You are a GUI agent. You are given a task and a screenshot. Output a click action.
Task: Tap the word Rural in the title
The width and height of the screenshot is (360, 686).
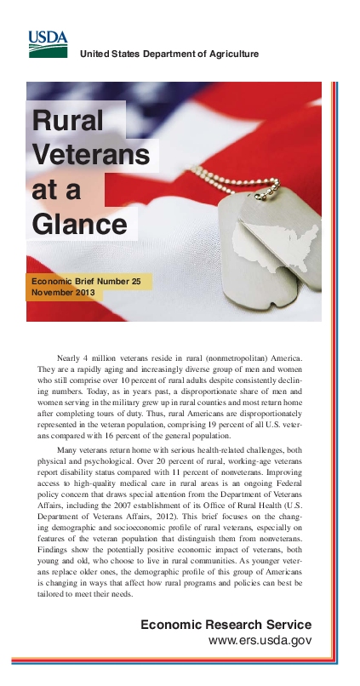click(x=67, y=121)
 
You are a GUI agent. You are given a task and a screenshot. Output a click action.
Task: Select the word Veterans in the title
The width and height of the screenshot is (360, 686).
click(x=90, y=155)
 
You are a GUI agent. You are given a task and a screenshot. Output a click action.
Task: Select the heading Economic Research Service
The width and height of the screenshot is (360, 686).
click(x=226, y=626)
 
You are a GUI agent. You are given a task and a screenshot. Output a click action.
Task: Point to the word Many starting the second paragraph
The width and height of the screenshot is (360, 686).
click(x=69, y=448)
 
